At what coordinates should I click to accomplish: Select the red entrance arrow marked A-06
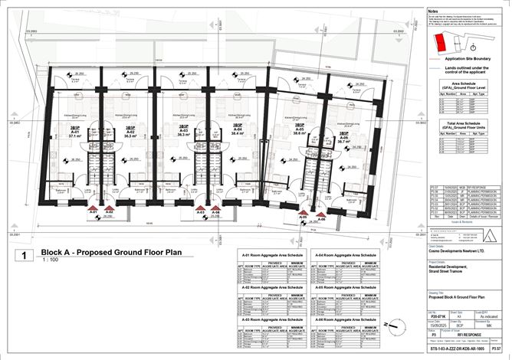320,214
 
